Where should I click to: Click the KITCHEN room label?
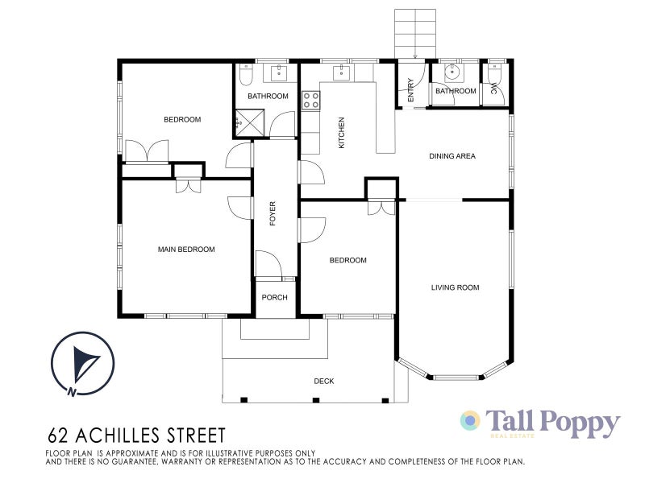tap(342, 133)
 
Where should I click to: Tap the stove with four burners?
tap(311, 101)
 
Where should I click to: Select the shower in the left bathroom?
tap(250, 124)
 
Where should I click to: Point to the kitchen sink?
tap(341, 73)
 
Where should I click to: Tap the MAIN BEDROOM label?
tap(186, 250)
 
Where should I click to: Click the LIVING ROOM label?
tap(455, 287)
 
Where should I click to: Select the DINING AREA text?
tap(451, 156)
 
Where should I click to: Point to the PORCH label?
tap(275, 298)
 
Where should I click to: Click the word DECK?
tap(323, 382)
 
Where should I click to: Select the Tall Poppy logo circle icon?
tap(470, 421)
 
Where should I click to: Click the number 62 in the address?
tap(59, 436)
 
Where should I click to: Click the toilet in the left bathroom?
tap(247, 75)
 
